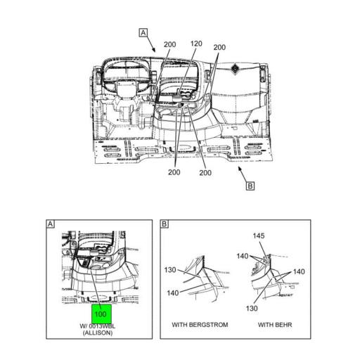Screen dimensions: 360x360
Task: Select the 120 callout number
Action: point(195,44)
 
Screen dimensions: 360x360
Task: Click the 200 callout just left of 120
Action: point(169,44)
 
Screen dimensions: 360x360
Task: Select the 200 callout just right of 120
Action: point(219,47)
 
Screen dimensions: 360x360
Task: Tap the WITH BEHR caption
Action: point(275,325)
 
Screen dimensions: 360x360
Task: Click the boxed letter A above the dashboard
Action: point(143,32)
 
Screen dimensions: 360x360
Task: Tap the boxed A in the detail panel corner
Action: point(50,224)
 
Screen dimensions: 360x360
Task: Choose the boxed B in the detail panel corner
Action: point(165,224)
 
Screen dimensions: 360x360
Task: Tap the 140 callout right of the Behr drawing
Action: point(299,271)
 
